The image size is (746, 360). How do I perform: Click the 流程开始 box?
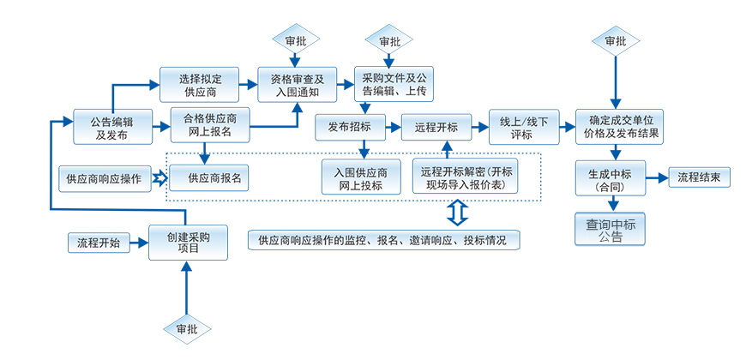coord(99,243)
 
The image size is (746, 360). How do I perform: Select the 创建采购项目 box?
coord(189,242)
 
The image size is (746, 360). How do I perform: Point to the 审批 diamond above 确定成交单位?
coord(615,41)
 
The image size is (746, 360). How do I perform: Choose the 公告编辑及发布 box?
coord(111,128)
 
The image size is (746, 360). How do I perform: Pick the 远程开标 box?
coord(436,128)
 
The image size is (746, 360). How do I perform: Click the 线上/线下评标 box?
coord(521,127)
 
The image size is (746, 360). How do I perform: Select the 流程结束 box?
coord(699,178)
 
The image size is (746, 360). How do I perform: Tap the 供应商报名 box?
coord(206,179)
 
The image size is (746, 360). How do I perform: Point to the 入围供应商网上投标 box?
coord(361,178)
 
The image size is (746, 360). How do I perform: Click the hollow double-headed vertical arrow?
coord(455,213)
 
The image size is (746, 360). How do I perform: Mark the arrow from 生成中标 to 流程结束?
coord(657,178)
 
